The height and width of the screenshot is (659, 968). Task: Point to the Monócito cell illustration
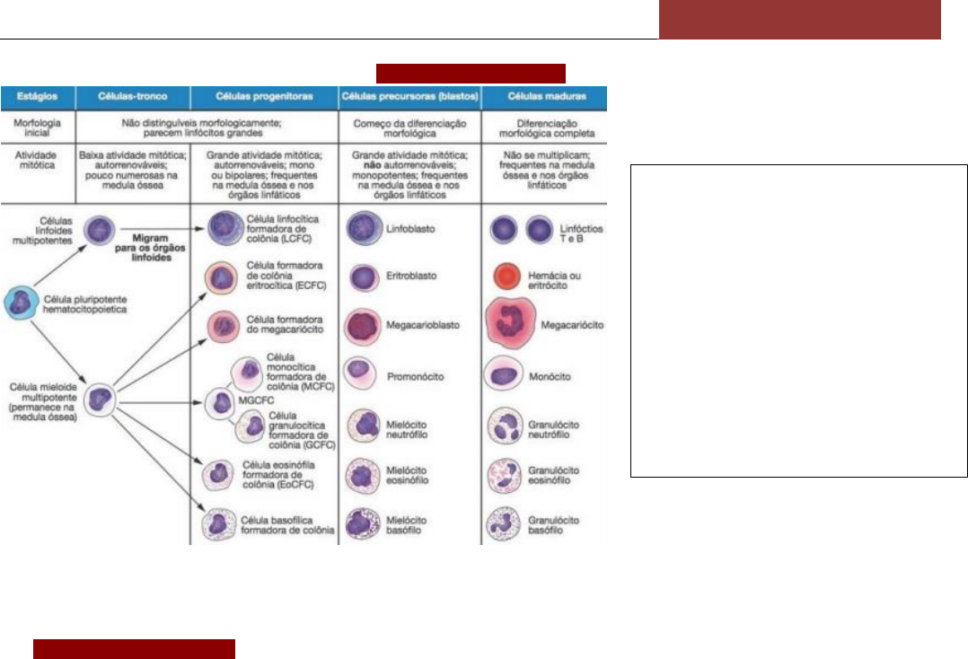click(506, 374)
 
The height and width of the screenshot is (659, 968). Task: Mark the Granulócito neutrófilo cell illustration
click(506, 424)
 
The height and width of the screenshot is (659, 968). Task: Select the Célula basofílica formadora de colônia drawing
click(221, 523)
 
